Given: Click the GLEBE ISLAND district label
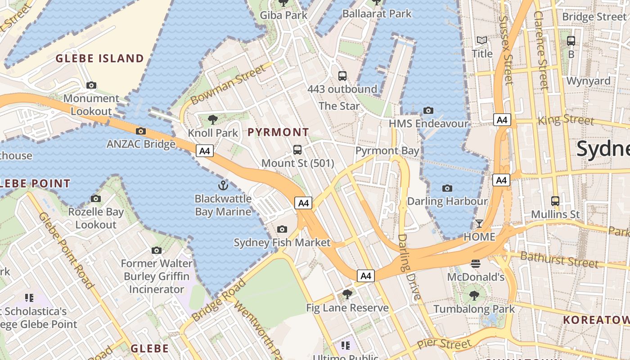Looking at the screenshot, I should [x=99, y=58].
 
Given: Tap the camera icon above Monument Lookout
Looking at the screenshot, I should [x=91, y=85].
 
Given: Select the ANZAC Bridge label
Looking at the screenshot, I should [x=141, y=144].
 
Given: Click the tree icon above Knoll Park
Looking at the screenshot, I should [x=213, y=120].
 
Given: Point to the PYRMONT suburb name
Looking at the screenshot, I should [x=278, y=132].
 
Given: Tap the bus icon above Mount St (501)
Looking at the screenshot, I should [x=297, y=150].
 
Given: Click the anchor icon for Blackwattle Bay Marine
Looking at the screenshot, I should [x=223, y=185].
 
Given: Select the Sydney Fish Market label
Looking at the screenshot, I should [x=282, y=243].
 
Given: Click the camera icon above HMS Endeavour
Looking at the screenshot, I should [x=428, y=110].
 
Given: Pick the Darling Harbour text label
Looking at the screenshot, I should [x=447, y=201].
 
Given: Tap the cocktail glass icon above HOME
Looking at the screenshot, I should [x=479, y=224].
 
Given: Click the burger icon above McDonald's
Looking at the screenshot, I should [x=476, y=264].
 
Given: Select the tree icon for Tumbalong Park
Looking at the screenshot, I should [x=474, y=296].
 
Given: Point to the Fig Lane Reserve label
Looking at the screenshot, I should [x=347, y=308].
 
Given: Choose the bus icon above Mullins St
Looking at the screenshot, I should [x=555, y=201].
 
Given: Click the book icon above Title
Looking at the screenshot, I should [x=482, y=40].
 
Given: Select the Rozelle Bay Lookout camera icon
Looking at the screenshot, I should [x=96, y=198].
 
